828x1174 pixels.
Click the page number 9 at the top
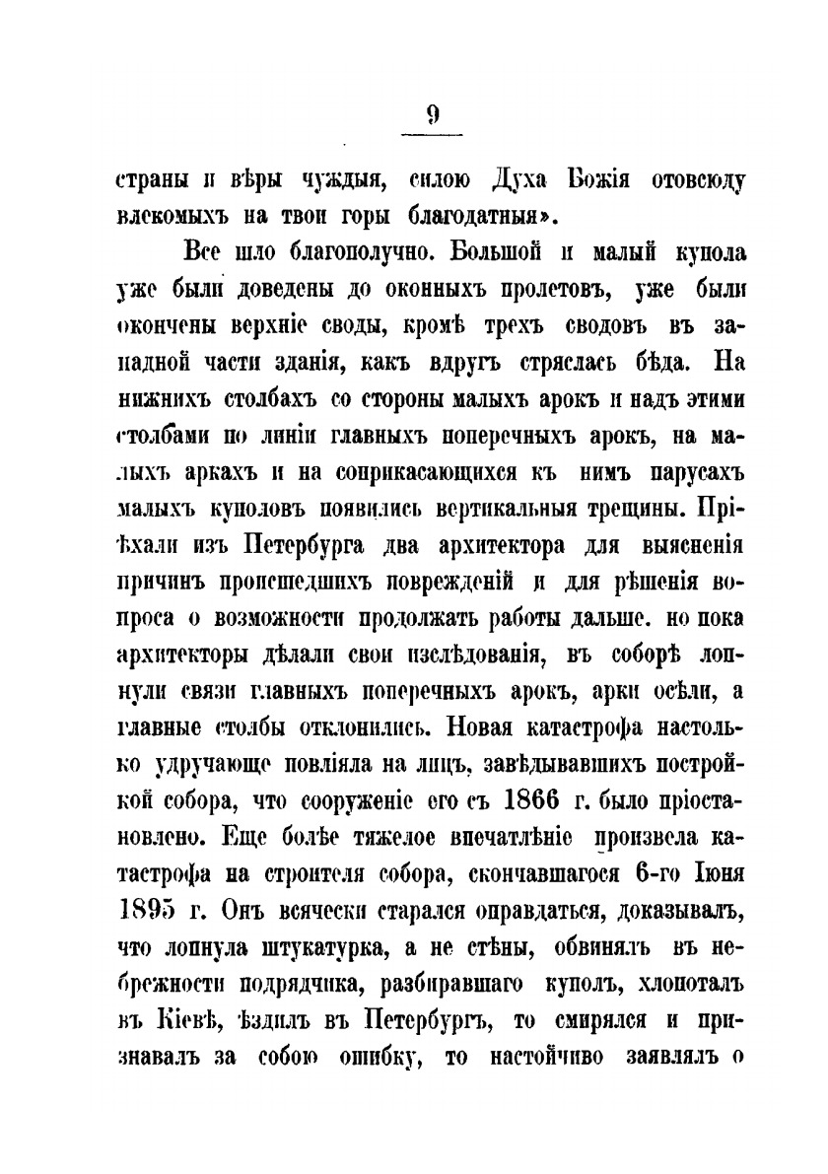click(434, 114)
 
